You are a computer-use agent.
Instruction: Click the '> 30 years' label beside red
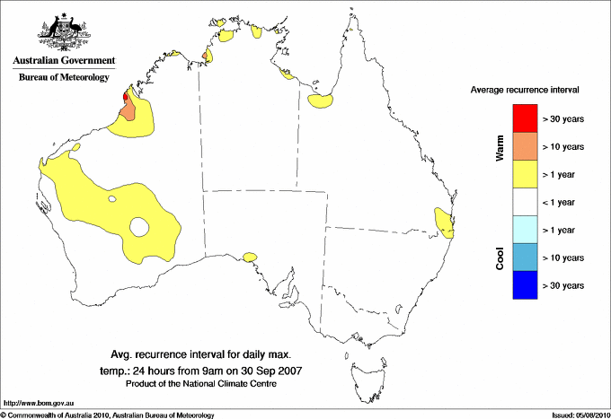coord(563,118)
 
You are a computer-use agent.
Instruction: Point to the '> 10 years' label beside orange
coord(563,146)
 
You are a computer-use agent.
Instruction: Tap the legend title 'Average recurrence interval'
coord(525,91)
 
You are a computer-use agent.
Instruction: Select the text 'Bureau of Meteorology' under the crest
coord(63,78)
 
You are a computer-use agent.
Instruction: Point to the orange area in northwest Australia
coord(128,111)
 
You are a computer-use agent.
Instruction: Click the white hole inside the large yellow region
coord(139,227)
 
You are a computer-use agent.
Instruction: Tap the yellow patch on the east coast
coord(443,222)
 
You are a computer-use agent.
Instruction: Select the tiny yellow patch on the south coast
coord(249,258)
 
